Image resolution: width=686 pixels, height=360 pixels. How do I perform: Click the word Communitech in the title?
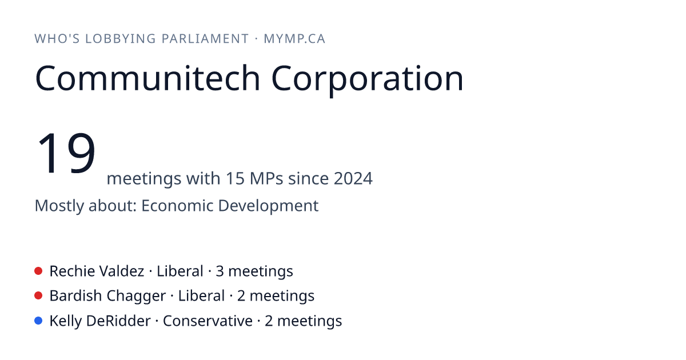click(147, 78)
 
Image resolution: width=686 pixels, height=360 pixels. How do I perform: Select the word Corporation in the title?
click(367, 80)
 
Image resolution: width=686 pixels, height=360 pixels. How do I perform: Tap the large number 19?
click(66, 153)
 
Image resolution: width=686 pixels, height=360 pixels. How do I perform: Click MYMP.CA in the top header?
click(294, 39)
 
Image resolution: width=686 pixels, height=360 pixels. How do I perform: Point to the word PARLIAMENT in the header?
click(205, 39)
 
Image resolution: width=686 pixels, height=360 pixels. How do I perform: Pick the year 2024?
click(353, 178)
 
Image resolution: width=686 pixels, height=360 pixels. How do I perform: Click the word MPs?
click(266, 178)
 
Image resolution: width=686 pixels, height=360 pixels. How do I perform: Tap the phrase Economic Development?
click(230, 206)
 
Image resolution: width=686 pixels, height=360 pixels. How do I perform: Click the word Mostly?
click(59, 206)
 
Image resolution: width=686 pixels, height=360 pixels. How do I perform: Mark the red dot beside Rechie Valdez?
click(38, 271)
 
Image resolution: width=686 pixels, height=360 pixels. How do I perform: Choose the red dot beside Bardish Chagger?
click(38, 296)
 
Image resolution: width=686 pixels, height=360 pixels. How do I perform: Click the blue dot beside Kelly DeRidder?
click(38, 321)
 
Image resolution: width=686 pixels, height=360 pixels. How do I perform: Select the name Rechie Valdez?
click(97, 271)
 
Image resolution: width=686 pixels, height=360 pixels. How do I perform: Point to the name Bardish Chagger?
click(107, 296)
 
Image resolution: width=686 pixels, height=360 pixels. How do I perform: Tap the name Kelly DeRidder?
click(100, 321)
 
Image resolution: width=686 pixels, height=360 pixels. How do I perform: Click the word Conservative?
click(208, 321)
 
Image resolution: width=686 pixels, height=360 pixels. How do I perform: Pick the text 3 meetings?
click(254, 271)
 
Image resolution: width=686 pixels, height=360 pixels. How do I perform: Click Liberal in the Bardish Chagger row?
click(201, 296)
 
